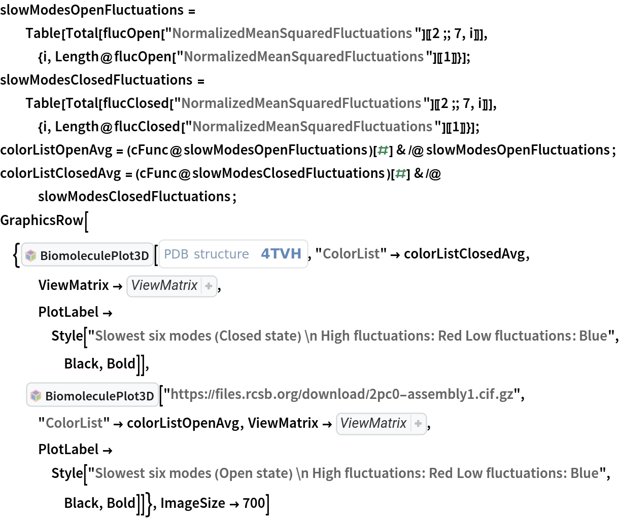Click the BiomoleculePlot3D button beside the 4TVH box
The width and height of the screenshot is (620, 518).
[87, 255]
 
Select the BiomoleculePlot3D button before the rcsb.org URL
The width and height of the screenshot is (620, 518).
[92, 395]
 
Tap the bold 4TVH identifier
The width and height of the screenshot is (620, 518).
[281, 253]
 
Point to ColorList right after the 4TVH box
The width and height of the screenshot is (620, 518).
[351, 253]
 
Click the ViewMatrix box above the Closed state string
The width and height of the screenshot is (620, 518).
[164, 285]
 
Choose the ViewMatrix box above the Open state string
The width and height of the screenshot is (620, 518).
[373, 423]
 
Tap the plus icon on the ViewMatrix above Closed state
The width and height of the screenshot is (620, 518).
[209, 286]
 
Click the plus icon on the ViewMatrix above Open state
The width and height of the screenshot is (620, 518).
[418, 424]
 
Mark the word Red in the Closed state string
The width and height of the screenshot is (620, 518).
[450, 336]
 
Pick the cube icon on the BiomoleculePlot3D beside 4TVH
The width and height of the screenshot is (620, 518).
[31, 255]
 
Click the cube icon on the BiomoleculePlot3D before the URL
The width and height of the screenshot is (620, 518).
[36, 396]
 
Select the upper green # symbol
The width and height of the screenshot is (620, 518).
[383, 150]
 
